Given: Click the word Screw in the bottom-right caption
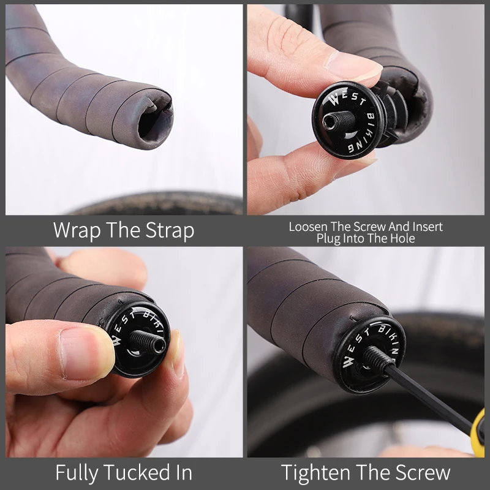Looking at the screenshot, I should point(423,472).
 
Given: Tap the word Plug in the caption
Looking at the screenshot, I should point(329,238).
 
